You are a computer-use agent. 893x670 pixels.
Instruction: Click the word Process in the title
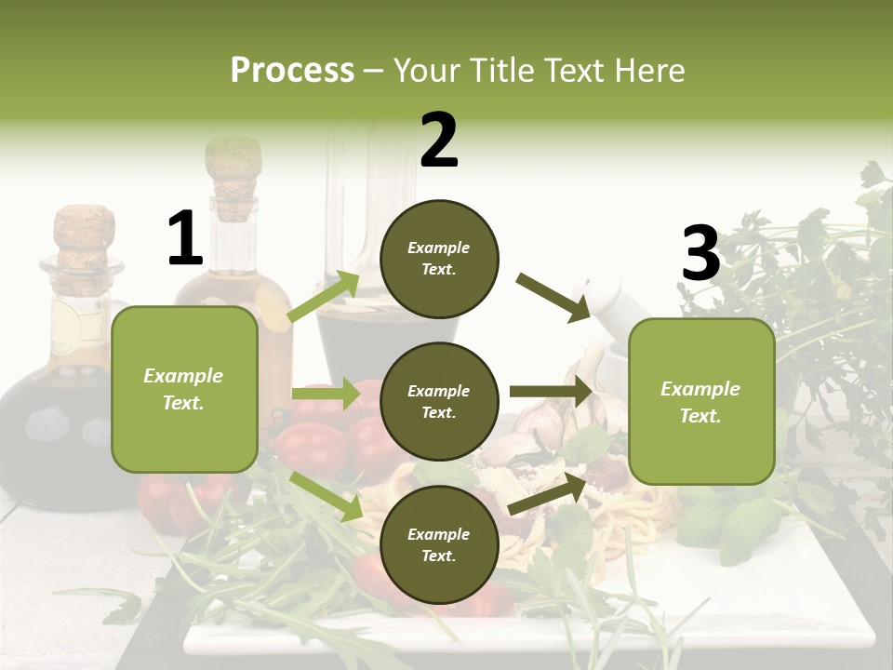292,71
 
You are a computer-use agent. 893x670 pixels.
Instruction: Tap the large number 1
185,239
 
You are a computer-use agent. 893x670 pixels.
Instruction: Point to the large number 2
439,141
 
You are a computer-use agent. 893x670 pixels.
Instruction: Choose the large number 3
700,253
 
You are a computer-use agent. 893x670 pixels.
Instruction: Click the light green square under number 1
184,389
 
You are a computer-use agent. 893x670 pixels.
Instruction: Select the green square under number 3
701,401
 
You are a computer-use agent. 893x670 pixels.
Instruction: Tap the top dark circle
439,259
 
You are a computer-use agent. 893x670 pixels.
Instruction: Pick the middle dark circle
439,401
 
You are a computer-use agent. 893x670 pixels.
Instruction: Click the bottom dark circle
439,544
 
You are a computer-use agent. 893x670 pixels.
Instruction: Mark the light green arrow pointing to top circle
324,296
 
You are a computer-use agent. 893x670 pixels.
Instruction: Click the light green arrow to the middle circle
326,394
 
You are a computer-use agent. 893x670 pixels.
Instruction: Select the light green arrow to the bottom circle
326,496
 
